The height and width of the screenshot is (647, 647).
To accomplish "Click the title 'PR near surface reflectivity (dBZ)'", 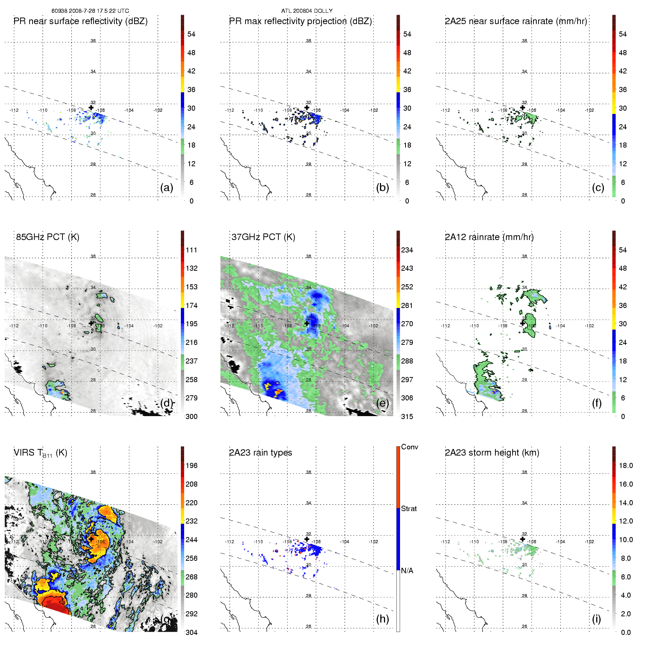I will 80,21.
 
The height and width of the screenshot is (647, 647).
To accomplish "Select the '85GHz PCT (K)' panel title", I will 47,237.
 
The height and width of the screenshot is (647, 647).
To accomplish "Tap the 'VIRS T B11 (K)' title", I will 40,453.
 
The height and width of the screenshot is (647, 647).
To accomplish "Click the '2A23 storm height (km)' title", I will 492,453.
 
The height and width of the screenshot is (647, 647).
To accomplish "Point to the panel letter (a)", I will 167,188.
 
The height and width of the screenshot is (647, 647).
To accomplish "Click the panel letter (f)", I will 597,403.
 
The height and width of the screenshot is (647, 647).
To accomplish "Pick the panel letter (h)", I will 383,619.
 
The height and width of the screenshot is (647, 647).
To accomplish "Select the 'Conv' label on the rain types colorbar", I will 410,447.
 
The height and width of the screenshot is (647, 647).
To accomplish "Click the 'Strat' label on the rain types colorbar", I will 409,509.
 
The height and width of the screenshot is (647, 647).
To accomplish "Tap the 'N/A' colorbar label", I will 407,571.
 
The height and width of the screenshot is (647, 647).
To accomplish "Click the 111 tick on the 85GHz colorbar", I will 191,250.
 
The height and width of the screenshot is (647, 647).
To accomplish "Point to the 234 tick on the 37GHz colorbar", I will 407,250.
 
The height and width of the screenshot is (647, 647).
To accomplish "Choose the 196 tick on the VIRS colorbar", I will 191,466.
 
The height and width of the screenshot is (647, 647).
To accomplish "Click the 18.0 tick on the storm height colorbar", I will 626,466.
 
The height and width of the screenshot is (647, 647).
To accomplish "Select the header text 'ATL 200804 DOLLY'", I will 307,11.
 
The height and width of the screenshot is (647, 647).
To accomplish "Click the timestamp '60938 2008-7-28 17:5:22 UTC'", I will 90,11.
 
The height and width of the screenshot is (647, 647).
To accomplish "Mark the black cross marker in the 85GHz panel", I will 91,323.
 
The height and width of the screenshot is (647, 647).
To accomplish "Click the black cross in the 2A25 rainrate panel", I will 523,108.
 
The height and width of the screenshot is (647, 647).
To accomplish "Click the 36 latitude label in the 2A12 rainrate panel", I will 524,256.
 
